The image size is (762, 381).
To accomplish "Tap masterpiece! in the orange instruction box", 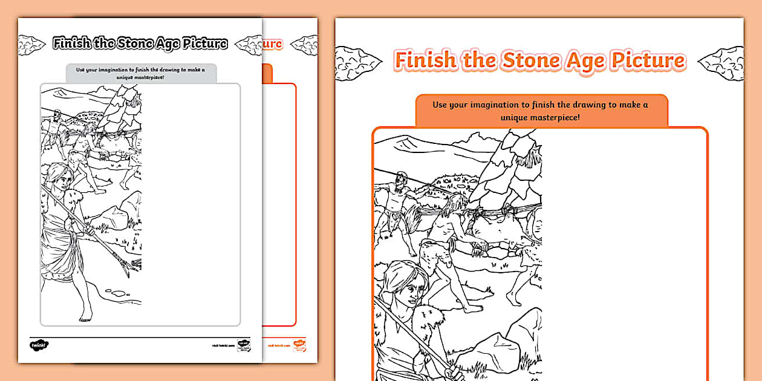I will [x=553, y=117].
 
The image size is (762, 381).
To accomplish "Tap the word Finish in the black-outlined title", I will [x=71, y=43].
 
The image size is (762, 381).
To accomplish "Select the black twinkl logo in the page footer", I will [x=39, y=345].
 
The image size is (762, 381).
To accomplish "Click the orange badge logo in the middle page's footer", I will [x=299, y=345].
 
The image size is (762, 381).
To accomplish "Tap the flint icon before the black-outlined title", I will [x=32, y=44].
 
